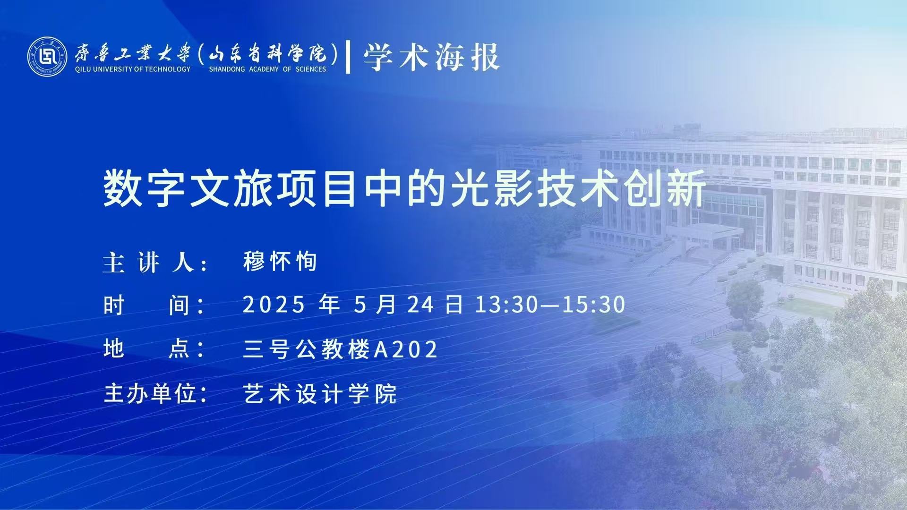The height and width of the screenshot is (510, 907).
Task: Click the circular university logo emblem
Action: [x=47, y=56]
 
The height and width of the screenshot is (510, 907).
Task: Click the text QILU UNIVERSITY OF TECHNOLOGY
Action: [x=132, y=69]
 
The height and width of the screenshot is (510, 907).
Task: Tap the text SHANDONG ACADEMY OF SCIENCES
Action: [x=267, y=69]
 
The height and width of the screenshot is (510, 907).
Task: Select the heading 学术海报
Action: [x=431, y=57]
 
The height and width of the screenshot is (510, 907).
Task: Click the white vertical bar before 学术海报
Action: [x=348, y=57]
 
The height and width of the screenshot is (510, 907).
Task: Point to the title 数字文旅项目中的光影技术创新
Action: [x=404, y=189]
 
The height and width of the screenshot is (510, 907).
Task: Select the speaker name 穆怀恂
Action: [x=280, y=262]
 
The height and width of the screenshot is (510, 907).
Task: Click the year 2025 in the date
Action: [x=274, y=305]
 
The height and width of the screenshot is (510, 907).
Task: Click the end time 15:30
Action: [x=594, y=305]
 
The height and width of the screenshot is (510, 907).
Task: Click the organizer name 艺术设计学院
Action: [x=320, y=393]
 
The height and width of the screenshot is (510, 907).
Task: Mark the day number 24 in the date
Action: [x=420, y=305]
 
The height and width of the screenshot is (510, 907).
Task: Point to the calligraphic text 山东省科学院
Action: [x=267, y=52]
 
